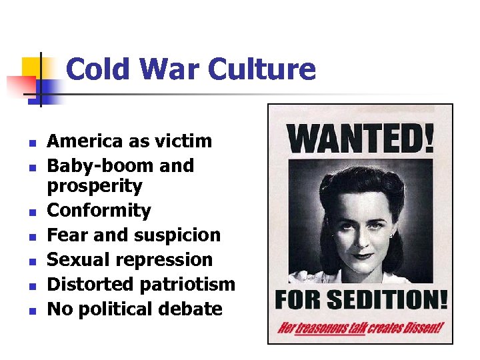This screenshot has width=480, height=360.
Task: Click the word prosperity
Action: coord(95,186)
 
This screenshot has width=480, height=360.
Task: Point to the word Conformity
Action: coord(99,211)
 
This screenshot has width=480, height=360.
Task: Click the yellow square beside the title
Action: coord(33,67)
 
